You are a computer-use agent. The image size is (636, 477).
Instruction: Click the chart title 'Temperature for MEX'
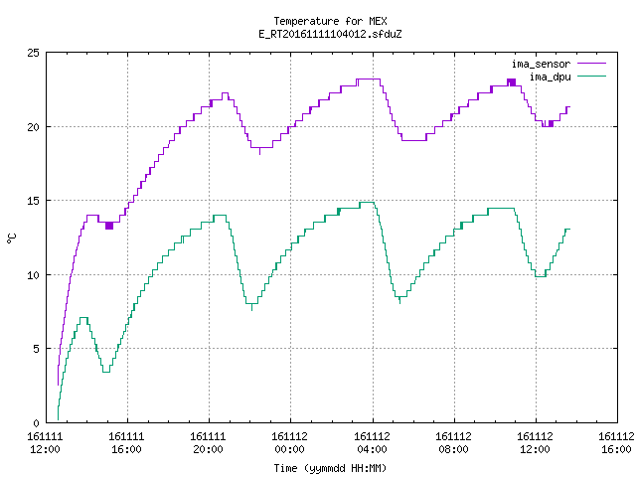tap(330, 21)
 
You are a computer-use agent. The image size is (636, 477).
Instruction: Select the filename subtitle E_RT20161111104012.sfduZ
tap(330, 34)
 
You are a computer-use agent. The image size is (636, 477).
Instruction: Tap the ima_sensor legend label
tap(541, 64)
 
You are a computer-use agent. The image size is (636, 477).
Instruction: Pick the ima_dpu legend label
tap(550, 77)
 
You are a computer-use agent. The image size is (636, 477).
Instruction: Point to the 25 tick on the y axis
tap(33, 53)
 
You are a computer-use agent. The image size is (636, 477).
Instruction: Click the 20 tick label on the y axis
tap(33, 127)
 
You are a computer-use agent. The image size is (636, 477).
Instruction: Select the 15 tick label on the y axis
tap(33, 201)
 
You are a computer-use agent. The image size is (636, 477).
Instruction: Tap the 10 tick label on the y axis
tap(33, 275)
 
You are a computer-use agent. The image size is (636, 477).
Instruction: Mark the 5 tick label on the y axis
tap(36, 349)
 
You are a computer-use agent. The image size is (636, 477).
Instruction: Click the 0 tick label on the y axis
tap(36, 423)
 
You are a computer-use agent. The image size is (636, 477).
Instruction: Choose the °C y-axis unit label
tap(11, 238)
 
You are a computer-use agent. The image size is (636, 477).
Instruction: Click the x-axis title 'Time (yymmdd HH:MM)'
tap(330, 468)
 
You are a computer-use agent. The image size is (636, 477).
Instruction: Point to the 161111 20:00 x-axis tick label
tap(208, 443)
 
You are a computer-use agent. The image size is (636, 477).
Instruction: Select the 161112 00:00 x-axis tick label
tap(289, 443)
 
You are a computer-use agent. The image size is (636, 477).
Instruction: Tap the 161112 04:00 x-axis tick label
tap(372, 443)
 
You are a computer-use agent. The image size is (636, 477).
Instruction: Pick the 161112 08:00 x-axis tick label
tap(453, 443)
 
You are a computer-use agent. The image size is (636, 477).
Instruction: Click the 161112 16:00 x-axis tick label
tap(616, 443)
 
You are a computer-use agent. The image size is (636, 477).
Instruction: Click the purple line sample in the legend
tap(592, 64)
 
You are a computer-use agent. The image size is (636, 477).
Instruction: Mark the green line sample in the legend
tap(592, 77)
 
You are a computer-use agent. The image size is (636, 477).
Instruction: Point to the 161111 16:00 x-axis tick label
tap(126, 443)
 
